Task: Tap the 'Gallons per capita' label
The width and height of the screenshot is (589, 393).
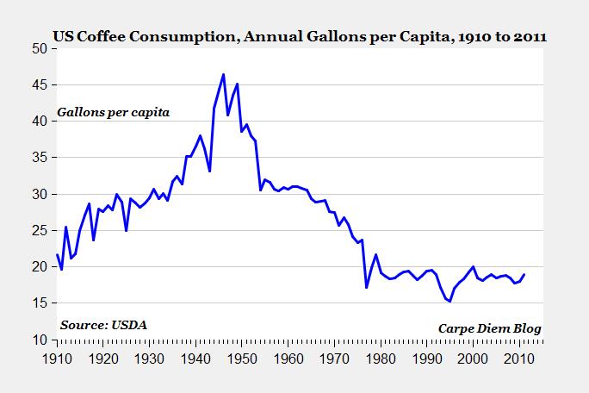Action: (x=114, y=113)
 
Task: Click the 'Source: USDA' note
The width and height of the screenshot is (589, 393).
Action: (x=103, y=325)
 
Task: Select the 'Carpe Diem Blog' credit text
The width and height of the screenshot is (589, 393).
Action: (x=491, y=329)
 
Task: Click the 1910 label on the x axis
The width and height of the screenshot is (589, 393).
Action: (x=57, y=357)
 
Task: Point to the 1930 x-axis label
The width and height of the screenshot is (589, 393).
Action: (x=149, y=357)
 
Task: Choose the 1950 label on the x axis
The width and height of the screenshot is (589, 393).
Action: (x=241, y=357)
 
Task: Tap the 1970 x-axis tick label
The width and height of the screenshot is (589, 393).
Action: (x=334, y=357)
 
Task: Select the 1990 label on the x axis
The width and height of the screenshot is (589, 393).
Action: (x=426, y=357)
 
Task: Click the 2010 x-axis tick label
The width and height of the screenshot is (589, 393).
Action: (x=518, y=357)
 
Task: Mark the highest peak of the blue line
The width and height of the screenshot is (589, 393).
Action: (x=223, y=74)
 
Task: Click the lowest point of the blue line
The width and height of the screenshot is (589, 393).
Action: (x=449, y=301)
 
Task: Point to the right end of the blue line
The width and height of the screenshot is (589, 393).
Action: (x=524, y=275)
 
